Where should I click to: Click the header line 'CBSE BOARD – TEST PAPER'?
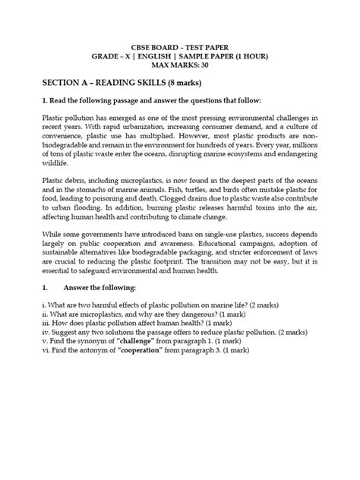tap(180, 45)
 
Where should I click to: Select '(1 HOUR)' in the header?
tap(250, 55)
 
